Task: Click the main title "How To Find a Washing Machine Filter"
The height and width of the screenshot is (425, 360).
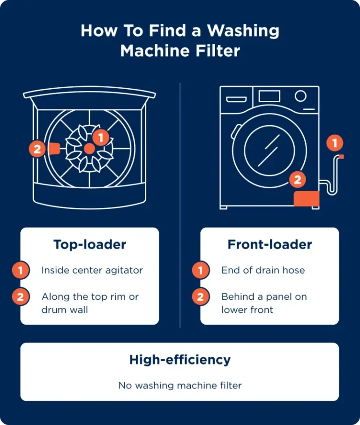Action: tap(180, 41)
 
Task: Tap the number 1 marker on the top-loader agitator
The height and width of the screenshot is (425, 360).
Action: tap(101, 137)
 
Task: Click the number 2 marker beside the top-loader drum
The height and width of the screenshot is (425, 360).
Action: tap(37, 149)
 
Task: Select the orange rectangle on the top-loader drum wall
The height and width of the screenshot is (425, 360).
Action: tap(53, 149)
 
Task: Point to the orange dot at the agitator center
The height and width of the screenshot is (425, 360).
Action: tap(89, 148)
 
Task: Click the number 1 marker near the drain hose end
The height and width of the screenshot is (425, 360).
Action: tap(335, 143)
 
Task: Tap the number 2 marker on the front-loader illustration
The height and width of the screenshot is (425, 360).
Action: tap(297, 179)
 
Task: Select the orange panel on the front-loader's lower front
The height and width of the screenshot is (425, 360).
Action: tap(307, 198)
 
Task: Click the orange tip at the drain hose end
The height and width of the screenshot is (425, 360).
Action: tap(341, 156)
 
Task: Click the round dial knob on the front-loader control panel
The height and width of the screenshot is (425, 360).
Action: tap(300, 96)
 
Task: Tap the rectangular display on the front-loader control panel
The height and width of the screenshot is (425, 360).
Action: tap(269, 96)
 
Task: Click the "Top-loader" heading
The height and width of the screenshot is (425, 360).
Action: tap(90, 244)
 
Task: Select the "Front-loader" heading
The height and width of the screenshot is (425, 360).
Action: tap(270, 244)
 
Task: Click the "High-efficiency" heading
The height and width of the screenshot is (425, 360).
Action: tap(180, 360)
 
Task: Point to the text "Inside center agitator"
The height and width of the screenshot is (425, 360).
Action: tap(92, 270)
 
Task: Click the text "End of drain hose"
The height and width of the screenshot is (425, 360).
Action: tap(263, 270)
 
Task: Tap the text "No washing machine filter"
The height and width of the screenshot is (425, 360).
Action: tap(180, 386)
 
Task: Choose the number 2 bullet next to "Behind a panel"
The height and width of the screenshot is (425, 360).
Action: tap(201, 297)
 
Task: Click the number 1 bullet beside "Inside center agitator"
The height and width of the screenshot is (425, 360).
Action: tap(21, 270)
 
